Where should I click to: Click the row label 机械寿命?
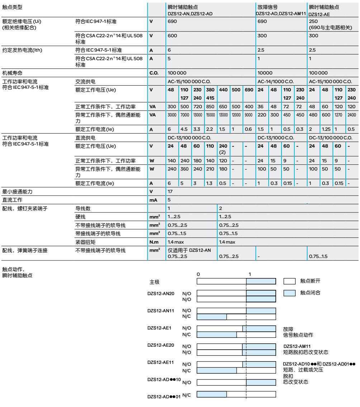pos(11,73)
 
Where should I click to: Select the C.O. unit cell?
pos(153,73)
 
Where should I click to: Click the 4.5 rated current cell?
pos(184,129)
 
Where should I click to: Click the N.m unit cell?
pos(153,242)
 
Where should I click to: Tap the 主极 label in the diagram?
pos(154,282)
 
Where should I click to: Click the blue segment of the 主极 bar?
pos(261,281)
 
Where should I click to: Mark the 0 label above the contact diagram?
pos(198,274)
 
